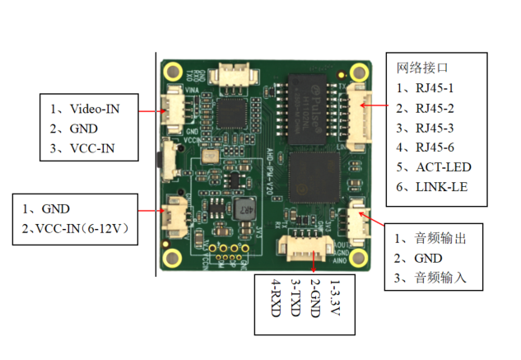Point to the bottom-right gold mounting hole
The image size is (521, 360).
pyautogui.click(x=359, y=259)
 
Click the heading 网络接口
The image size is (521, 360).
pyautogui.click(x=421, y=68)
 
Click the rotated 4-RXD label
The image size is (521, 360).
pyautogui.click(x=276, y=305)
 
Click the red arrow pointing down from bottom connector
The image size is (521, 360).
pyautogui.click(x=315, y=262)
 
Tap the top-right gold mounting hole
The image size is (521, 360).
pyautogui.click(x=358, y=72)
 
